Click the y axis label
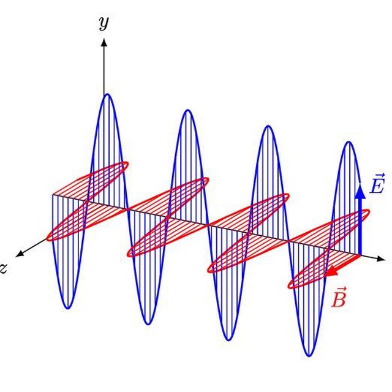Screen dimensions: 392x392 pos(104,23)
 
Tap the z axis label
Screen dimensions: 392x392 pos(2,269)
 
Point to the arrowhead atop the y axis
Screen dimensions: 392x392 pos(104,42)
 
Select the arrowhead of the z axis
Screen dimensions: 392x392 pos(20,253)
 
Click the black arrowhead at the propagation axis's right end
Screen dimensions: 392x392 pos(380,259)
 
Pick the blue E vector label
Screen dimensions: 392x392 pos(377,184)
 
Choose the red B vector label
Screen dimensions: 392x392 pos(339,297)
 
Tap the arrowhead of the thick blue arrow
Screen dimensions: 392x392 pos(360,192)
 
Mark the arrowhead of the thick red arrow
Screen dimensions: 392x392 pos(331,271)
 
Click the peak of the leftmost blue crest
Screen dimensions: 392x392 pos(108,94)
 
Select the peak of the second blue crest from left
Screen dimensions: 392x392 pos(188,110)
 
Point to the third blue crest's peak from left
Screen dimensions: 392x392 pos(268,126)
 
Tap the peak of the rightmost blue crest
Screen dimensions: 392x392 pos(349,142)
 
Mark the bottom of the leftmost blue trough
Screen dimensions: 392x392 pos(68,308)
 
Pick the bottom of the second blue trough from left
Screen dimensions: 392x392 pos(148,324)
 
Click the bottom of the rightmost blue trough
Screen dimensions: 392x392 pos(309,356)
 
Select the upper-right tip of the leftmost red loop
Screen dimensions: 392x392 pos(127,164)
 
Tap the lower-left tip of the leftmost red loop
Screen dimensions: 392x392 pos(48,238)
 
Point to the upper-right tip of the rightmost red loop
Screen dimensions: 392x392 pos(369,211)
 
